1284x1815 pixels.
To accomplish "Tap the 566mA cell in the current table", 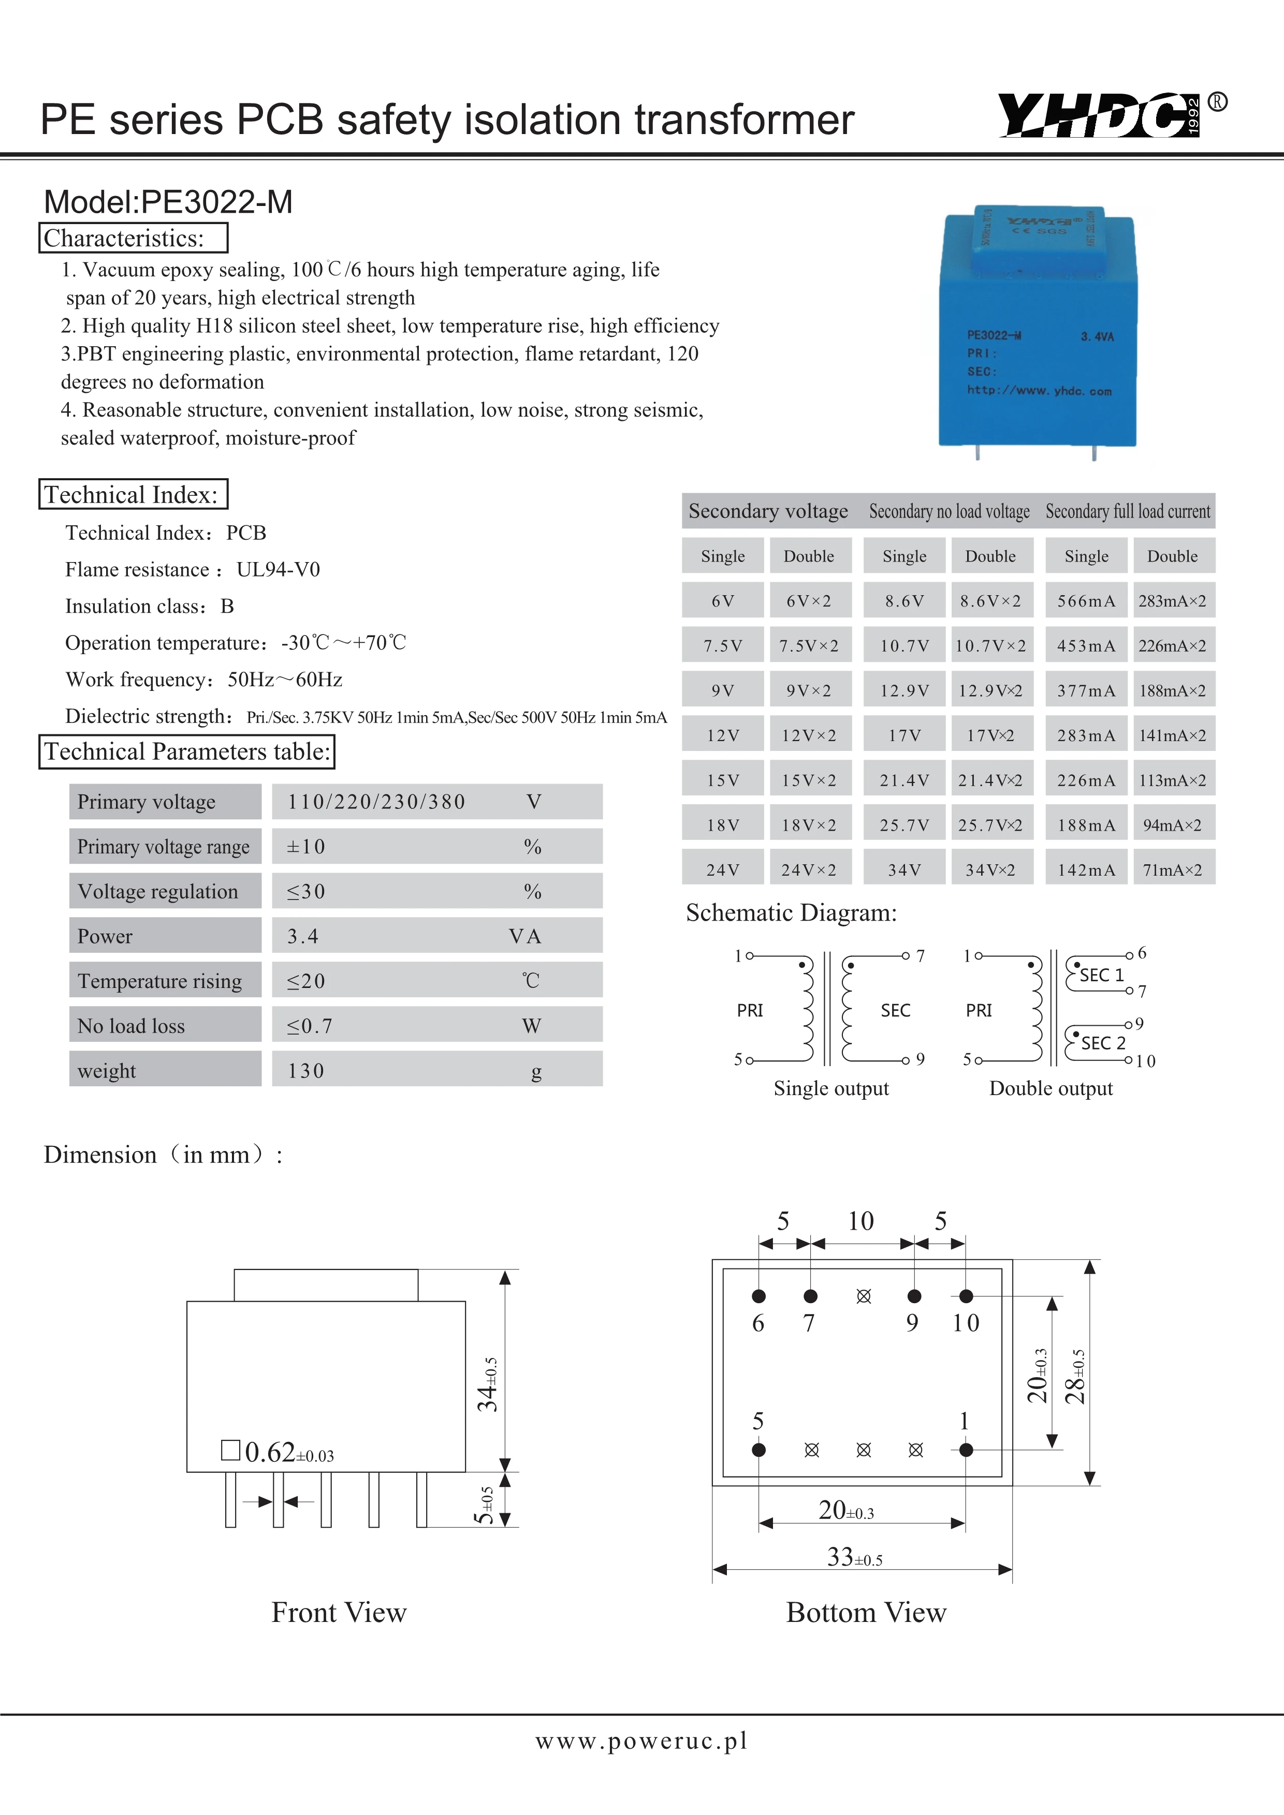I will [x=1086, y=601].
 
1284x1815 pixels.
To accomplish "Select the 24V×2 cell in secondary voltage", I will [x=808, y=869].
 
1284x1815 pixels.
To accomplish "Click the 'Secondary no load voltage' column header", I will [x=949, y=511].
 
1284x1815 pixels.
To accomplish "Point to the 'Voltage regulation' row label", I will [x=158, y=892].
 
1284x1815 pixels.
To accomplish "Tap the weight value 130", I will [x=306, y=1071].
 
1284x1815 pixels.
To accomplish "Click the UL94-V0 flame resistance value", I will [x=279, y=570].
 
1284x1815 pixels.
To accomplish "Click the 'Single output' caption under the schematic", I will [x=831, y=1088].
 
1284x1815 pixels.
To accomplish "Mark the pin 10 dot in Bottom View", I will [x=966, y=1295].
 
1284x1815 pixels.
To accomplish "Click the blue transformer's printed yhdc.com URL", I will [x=1039, y=391].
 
